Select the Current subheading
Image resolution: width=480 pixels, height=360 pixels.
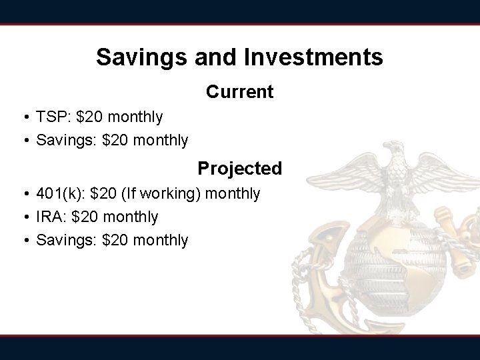(239, 92)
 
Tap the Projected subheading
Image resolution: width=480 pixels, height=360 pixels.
(239, 169)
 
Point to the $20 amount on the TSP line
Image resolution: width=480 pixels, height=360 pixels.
(90, 117)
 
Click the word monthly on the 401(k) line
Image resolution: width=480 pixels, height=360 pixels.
(233, 193)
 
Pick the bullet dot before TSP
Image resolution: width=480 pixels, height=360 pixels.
(23, 118)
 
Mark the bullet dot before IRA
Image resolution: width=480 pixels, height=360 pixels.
(23, 217)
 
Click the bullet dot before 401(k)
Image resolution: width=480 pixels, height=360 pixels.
(23, 194)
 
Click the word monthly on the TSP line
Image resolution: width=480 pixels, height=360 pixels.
(135, 117)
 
